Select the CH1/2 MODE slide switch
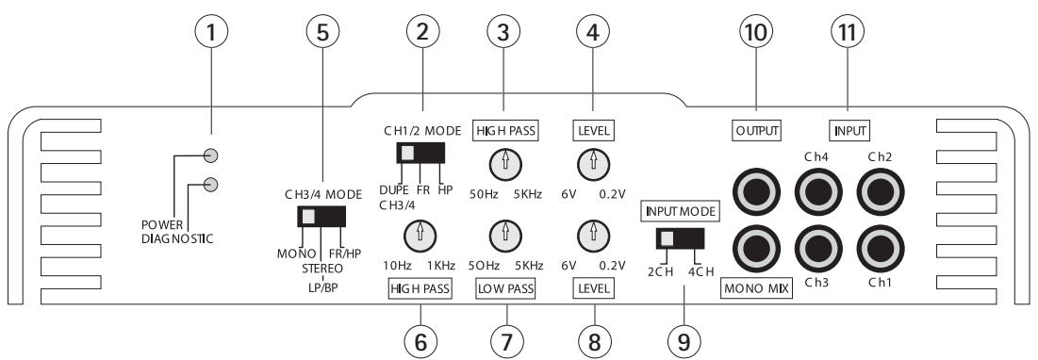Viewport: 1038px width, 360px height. click(420, 154)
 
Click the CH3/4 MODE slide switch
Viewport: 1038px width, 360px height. click(322, 217)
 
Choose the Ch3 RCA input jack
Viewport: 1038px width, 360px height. click(816, 249)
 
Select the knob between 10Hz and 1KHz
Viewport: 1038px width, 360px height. click(420, 232)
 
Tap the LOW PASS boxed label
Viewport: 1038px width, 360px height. click(506, 288)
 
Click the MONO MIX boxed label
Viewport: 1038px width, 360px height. click(757, 289)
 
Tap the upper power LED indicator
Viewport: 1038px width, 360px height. click(213, 155)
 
